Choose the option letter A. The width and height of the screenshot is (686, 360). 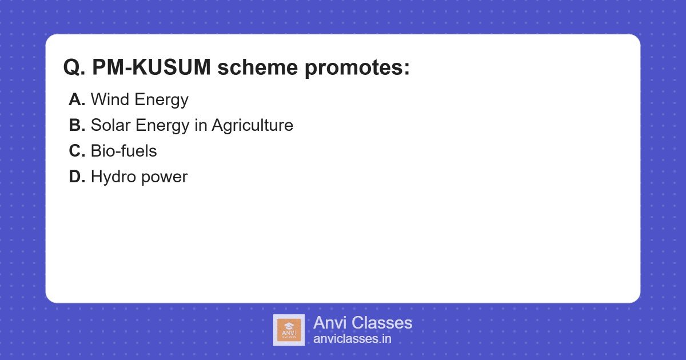(77, 100)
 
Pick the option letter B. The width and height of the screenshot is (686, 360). (77, 126)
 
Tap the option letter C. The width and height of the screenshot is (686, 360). (77, 151)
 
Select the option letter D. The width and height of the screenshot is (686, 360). (77, 177)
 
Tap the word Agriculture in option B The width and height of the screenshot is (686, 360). (252, 126)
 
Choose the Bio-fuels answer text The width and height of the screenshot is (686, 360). (123, 151)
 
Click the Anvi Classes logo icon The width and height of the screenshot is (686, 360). (289, 330)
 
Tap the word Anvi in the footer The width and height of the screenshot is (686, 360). (330, 323)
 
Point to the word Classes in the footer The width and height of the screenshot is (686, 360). (381, 323)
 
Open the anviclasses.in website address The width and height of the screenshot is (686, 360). (352, 339)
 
